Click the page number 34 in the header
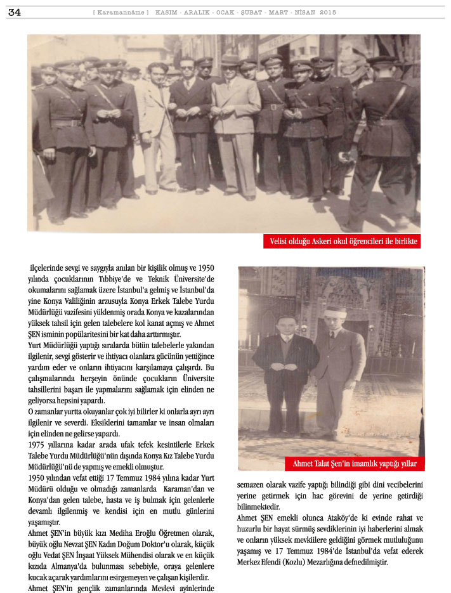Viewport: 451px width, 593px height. pyautogui.click(x=14, y=12)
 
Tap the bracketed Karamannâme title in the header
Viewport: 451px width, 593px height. pyautogui.click(x=121, y=12)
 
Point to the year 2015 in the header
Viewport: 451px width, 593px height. pyautogui.click(x=328, y=12)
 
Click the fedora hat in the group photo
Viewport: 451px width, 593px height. pyautogui.click(x=230, y=60)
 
